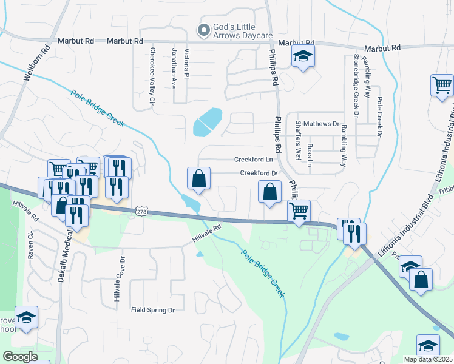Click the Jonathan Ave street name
[174, 69]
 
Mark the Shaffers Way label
[298, 142]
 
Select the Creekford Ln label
[254, 160]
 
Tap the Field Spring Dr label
[153, 310]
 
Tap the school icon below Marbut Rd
[302, 58]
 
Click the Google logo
[20, 357]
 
